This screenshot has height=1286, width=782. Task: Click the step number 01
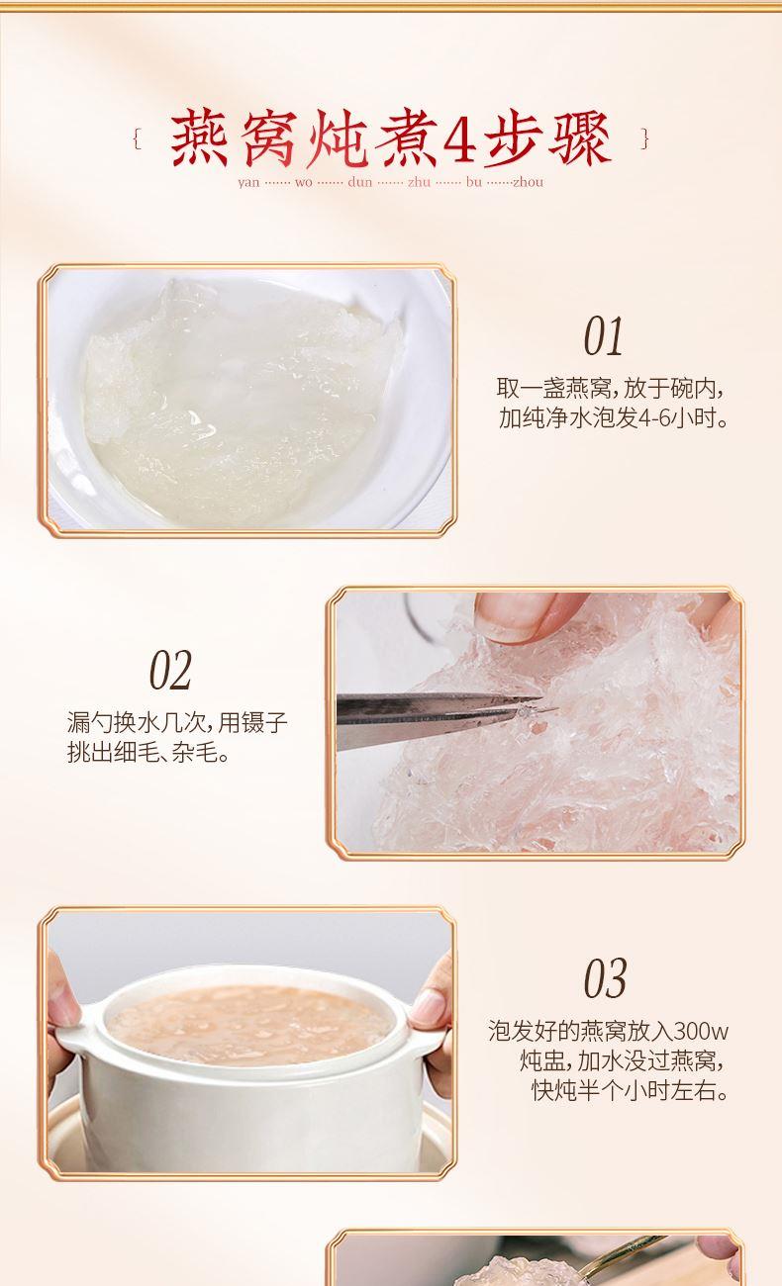tap(603, 336)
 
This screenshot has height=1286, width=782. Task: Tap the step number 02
tap(170, 670)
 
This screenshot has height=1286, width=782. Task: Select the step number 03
tap(605, 979)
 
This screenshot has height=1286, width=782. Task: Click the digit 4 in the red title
tap(459, 138)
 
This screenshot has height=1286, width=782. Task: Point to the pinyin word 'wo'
tap(303, 182)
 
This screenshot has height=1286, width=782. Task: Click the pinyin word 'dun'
tap(359, 182)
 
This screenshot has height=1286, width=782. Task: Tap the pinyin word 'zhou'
tap(528, 182)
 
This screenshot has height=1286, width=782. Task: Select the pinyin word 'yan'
tap(248, 183)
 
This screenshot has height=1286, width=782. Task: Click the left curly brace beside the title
tap(137, 138)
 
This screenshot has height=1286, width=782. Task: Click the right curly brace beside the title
tap(644, 138)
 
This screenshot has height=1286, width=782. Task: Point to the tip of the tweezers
tap(556, 709)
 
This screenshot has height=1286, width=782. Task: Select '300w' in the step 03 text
tap(701, 1031)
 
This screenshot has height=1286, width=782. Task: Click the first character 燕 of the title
tap(199, 138)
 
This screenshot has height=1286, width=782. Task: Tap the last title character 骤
tap(579, 138)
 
